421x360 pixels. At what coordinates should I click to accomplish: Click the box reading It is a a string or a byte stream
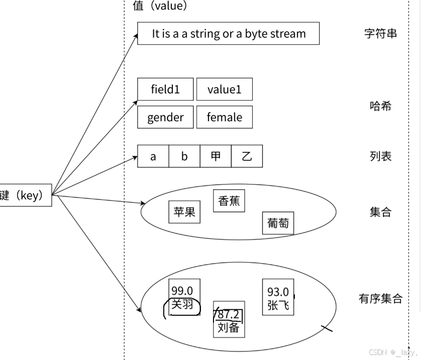(x=228, y=34)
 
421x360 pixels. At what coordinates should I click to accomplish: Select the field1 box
(x=165, y=89)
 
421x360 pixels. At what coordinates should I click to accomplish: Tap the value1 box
(x=224, y=89)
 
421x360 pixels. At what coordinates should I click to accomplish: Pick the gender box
(x=165, y=118)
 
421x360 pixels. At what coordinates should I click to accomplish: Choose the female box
(x=224, y=118)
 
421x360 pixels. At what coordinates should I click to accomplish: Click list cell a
(x=153, y=156)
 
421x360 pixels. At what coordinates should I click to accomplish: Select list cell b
(x=184, y=156)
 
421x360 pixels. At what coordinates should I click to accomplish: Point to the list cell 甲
(x=216, y=156)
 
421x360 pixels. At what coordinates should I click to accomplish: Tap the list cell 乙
(x=247, y=156)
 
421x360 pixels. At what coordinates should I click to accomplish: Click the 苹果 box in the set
(x=184, y=212)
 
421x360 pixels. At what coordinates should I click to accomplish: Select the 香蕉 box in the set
(x=229, y=201)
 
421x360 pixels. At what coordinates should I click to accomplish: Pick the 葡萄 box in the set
(x=278, y=223)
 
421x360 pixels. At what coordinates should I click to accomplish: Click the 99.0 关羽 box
(x=184, y=297)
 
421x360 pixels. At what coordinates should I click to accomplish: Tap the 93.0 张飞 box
(x=278, y=297)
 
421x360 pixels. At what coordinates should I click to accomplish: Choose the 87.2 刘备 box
(x=229, y=322)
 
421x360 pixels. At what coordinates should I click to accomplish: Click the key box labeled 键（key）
(x=25, y=196)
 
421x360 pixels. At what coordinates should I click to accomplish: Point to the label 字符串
(x=380, y=34)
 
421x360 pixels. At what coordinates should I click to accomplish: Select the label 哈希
(x=380, y=106)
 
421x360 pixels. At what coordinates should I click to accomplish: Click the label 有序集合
(x=380, y=299)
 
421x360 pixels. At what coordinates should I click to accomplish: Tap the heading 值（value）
(x=156, y=6)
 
